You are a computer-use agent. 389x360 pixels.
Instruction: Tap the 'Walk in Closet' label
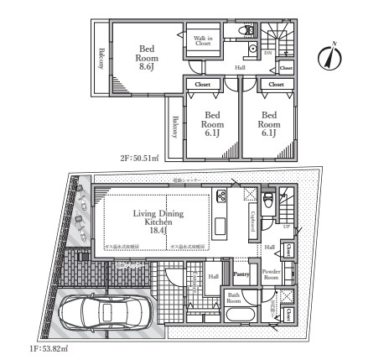click(202, 39)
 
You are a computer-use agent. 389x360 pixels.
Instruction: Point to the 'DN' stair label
click(268, 53)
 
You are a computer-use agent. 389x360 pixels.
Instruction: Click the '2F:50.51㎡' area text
click(140, 156)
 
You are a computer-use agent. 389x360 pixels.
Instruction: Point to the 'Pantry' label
click(241, 274)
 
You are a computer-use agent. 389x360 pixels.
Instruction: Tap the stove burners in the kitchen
click(223, 197)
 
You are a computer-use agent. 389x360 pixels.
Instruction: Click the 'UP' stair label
click(288, 227)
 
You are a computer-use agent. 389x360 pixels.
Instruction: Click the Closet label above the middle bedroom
click(203, 85)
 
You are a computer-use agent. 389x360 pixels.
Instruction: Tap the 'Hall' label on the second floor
click(240, 67)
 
